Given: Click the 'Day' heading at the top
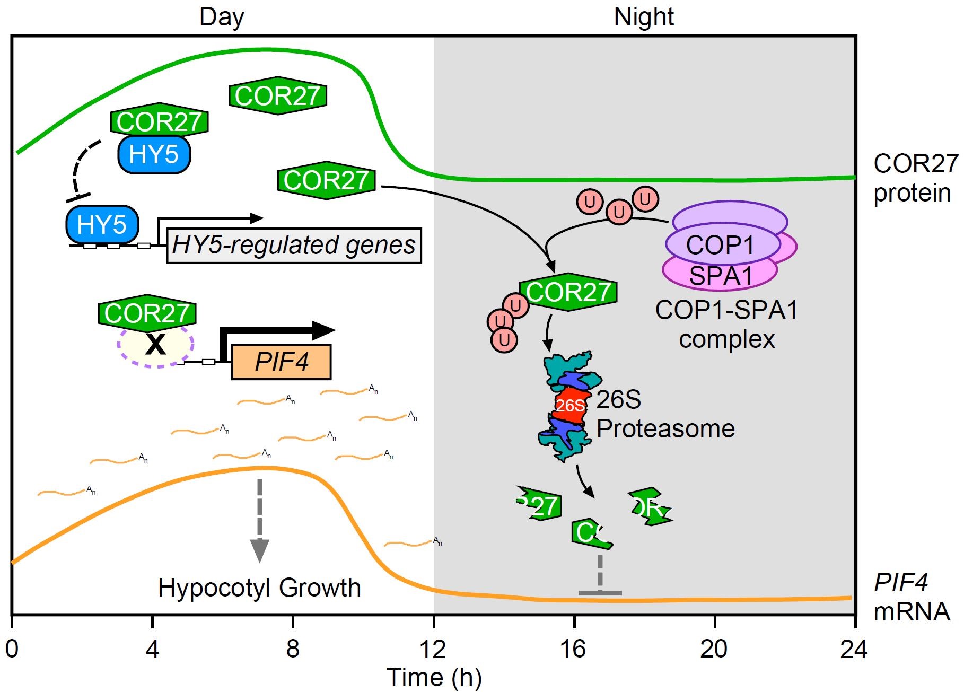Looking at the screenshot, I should [x=222, y=17].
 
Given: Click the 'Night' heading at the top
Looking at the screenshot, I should [x=643, y=17].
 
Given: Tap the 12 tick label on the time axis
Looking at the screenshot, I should [x=433, y=649].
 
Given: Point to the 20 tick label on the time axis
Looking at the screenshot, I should [x=714, y=649].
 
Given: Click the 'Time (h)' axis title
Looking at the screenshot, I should [x=434, y=677].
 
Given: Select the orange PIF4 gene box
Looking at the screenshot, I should [x=281, y=362].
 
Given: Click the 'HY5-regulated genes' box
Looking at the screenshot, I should [x=294, y=246].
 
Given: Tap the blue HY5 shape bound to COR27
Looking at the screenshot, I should [x=153, y=154].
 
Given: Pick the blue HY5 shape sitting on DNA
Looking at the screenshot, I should [x=102, y=224].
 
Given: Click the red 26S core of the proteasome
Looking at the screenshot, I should [x=570, y=406].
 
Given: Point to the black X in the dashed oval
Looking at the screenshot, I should [x=155, y=345].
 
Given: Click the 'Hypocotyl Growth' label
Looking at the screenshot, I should [x=259, y=588].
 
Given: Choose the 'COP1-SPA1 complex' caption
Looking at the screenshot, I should [x=726, y=325].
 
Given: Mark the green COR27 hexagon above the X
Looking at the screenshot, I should [x=147, y=313].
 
